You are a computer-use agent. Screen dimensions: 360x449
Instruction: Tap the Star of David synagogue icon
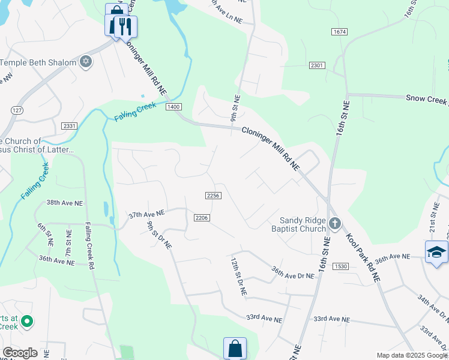(x=85, y=62)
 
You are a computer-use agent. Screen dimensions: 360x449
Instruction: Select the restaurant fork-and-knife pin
(x=125, y=26)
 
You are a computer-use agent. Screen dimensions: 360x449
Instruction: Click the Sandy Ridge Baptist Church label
(x=303, y=224)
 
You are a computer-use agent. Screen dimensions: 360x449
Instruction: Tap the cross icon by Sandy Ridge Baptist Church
(x=335, y=224)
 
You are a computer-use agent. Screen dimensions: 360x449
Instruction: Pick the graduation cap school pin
(x=436, y=253)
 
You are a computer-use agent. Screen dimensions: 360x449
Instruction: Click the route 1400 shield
(x=173, y=107)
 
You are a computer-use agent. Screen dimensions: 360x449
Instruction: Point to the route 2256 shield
(x=213, y=196)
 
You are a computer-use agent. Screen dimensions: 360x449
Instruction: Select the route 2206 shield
(x=202, y=217)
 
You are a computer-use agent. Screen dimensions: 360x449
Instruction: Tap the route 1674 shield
(x=339, y=31)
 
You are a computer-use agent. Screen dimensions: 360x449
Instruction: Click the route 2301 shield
(x=318, y=65)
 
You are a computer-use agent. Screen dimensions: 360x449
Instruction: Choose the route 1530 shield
(x=340, y=266)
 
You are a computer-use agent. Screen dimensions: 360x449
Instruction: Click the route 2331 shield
(x=69, y=125)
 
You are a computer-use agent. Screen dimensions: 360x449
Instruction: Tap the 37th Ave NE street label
(x=146, y=214)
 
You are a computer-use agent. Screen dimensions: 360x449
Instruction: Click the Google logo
(x=20, y=353)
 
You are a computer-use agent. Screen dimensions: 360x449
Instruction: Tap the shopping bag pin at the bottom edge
(x=235, y=349)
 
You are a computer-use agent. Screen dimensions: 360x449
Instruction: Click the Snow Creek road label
(x=427, y=98)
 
